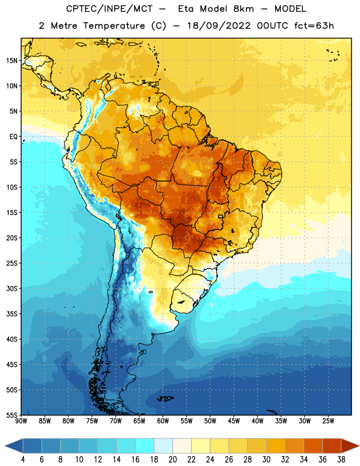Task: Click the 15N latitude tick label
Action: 12,61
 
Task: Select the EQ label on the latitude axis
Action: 13,137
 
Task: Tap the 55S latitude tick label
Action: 12,415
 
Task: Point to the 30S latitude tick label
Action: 12,288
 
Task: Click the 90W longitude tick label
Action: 21,421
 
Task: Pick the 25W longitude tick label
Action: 328,421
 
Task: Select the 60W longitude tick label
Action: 163,421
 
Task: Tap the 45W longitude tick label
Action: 234,421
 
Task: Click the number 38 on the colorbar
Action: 341,460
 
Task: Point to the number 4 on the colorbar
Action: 23,460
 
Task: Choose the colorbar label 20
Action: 172,460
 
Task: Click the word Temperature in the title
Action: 114,26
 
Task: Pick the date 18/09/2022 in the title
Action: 219,26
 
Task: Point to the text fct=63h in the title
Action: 314,26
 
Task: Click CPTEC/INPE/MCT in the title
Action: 110,9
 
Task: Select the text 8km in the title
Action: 243,9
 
